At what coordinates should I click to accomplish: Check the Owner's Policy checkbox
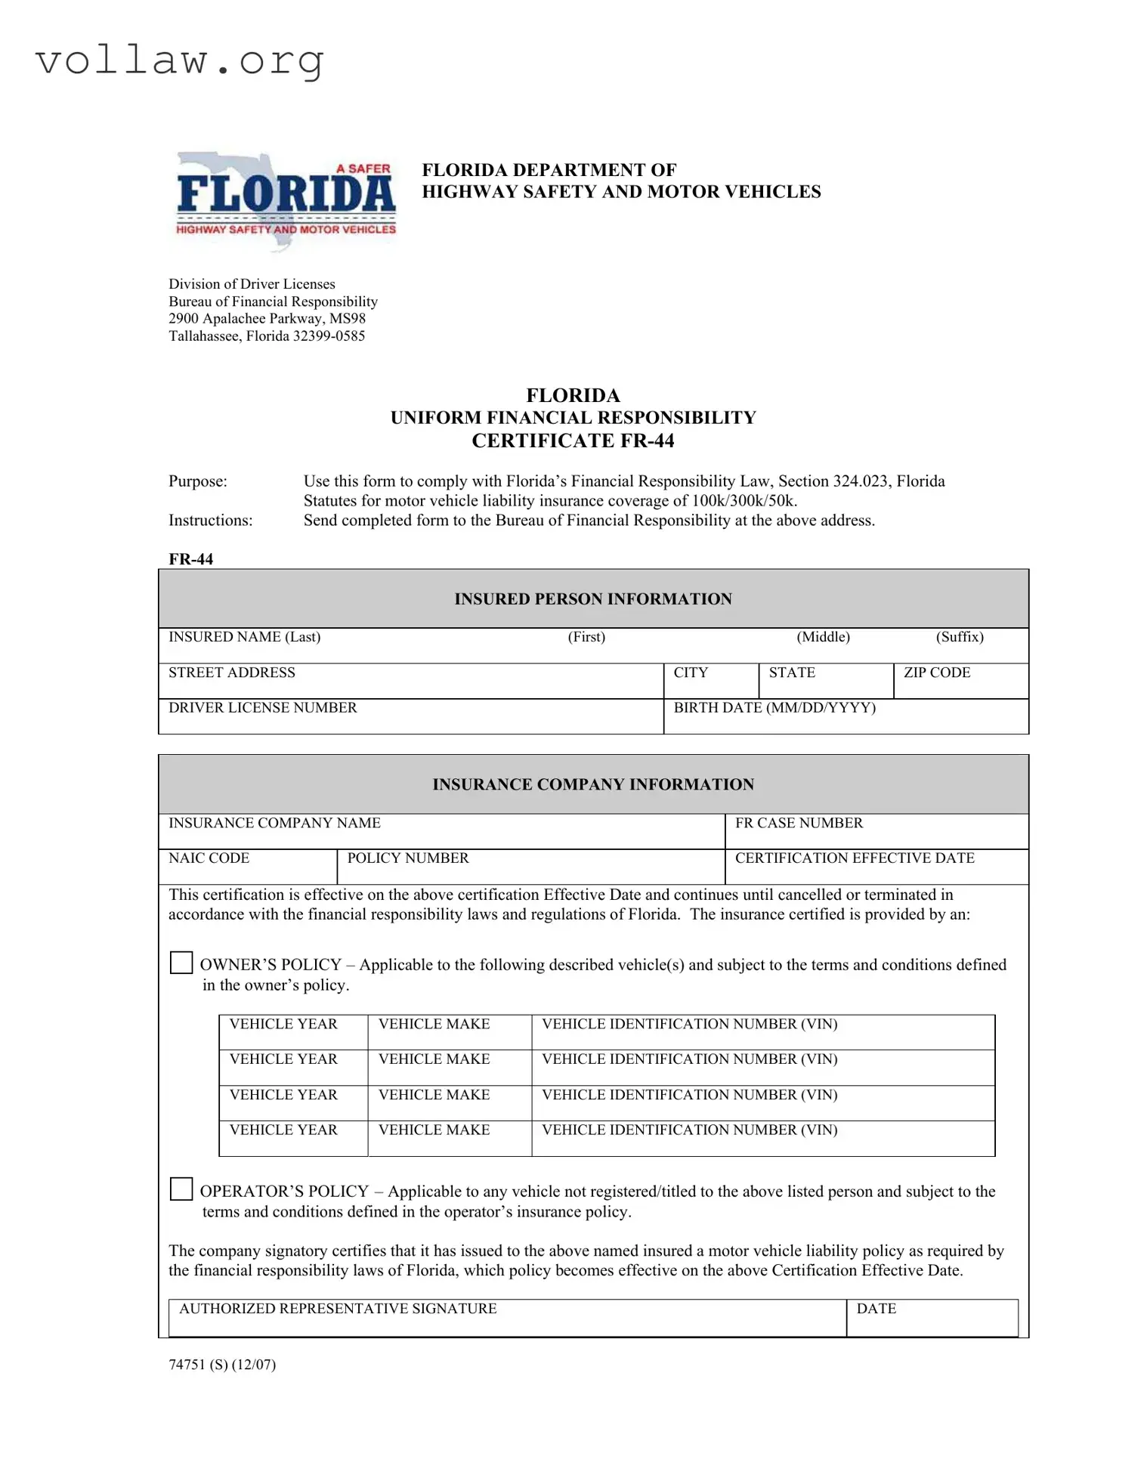point(181,963)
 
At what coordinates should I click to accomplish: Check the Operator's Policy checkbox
point(181,1189)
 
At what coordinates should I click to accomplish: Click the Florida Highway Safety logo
point(285,199)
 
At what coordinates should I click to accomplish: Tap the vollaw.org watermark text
point(180,60)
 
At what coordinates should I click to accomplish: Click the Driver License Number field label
point(262,708)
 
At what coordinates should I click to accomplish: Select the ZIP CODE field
point(960,682)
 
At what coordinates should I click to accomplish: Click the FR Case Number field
point(876,831)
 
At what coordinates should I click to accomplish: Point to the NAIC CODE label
point(209,858)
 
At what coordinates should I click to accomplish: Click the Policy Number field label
point(407,858)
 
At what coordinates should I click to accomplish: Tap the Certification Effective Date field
point(876,867)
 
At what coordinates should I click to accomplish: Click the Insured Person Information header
point(592,599)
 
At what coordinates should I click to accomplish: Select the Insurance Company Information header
point(592,784)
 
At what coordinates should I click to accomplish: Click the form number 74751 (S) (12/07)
point(222,1365)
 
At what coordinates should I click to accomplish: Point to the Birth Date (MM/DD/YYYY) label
point(774,708)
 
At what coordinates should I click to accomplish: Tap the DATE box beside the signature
point(931,1319)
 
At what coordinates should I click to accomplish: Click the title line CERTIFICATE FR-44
point(573,441)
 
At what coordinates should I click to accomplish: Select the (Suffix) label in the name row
point(960,637)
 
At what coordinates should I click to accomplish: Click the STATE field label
point(792,672)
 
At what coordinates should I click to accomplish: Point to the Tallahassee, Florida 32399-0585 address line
point(267,336)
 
